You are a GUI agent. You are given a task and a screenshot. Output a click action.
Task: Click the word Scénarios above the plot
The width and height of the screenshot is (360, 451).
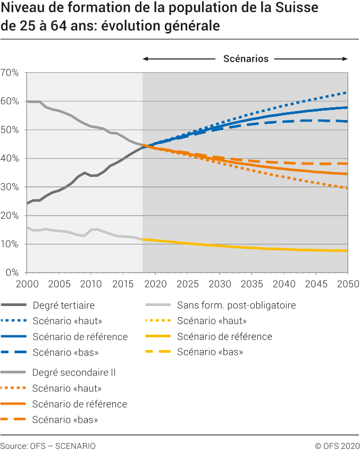(246, 58)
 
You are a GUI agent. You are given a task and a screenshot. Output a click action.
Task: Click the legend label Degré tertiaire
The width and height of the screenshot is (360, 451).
(63, 305)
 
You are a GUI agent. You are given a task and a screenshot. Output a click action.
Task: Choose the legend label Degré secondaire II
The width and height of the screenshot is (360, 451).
(74, 373)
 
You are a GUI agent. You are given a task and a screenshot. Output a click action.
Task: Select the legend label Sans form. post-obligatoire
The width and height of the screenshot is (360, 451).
(236, 305)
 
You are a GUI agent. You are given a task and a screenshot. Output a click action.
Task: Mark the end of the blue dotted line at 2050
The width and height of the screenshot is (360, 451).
(348, 92)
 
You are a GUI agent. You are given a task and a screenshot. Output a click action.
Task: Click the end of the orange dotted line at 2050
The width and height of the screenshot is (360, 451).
(348, 188)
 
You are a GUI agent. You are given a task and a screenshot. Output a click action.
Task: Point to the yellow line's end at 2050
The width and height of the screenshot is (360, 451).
(348, 251)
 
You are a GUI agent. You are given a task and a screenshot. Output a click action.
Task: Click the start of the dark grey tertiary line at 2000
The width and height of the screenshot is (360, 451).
(27, 203)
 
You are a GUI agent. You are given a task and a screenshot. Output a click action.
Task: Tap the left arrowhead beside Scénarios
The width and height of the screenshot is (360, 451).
(145, 58)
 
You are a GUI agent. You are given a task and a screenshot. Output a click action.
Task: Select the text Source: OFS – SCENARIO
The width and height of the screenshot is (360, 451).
(48, 445)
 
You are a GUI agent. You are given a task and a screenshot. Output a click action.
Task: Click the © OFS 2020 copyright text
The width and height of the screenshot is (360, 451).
(337, 445)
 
